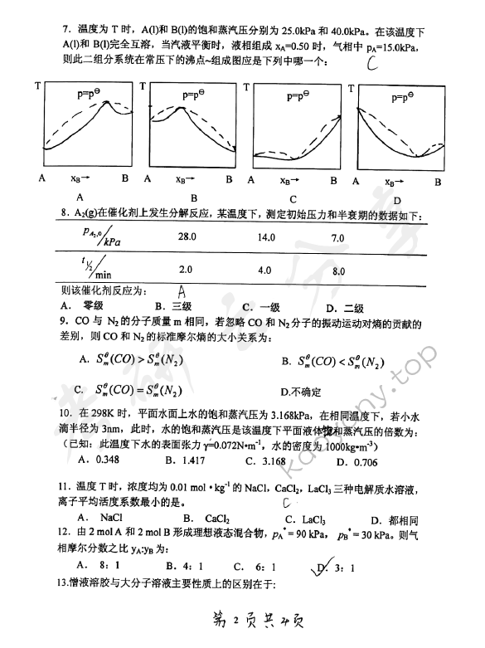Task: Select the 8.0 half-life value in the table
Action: pyautogui.click(x=338, y=270)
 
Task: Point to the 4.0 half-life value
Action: pyautogui.click(x=266, y=270)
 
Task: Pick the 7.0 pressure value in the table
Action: pyautogui.click(x=337, y=238)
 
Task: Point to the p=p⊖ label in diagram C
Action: pyautogui.click(x=296, y=97)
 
